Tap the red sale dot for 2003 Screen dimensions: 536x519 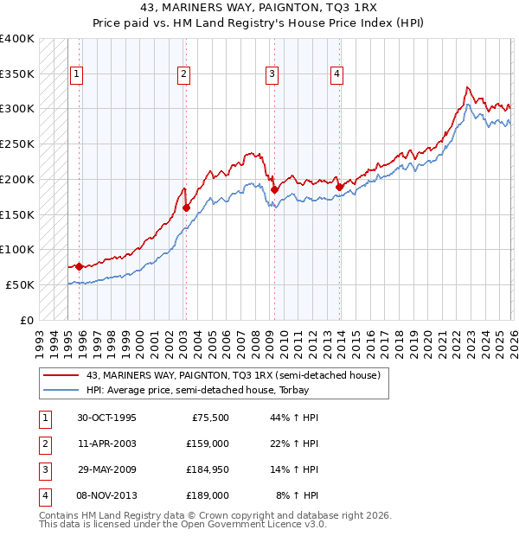click(x=186, y=207)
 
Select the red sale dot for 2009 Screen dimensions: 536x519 click(x=274, y=189)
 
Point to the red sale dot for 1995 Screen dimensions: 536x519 click(x=79, y=266)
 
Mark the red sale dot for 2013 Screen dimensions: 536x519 click(x=339, y=187)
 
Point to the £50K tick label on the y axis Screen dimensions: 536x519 click(x=21, y=284)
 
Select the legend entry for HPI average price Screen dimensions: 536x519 click(x=215, y=391)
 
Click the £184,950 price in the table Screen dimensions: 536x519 click(x=208, y=471)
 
